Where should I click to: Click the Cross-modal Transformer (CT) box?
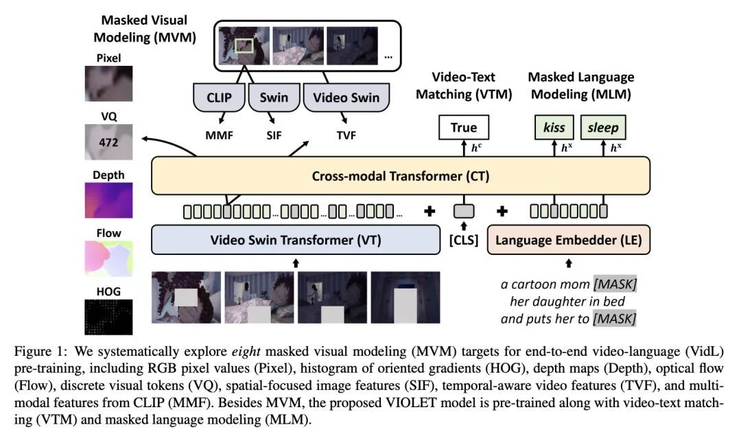tap(400, 176)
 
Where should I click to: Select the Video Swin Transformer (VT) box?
tap(296, 241)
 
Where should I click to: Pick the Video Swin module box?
tap(346, 98)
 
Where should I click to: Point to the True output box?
tap(464, 127)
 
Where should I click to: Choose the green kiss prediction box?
tap(554, 127)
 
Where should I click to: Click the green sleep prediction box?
tap(603, 127)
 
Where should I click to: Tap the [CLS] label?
tap(463, 241)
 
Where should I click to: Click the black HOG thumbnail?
tap(108, 319)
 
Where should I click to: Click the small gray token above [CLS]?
tap(464, 211)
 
